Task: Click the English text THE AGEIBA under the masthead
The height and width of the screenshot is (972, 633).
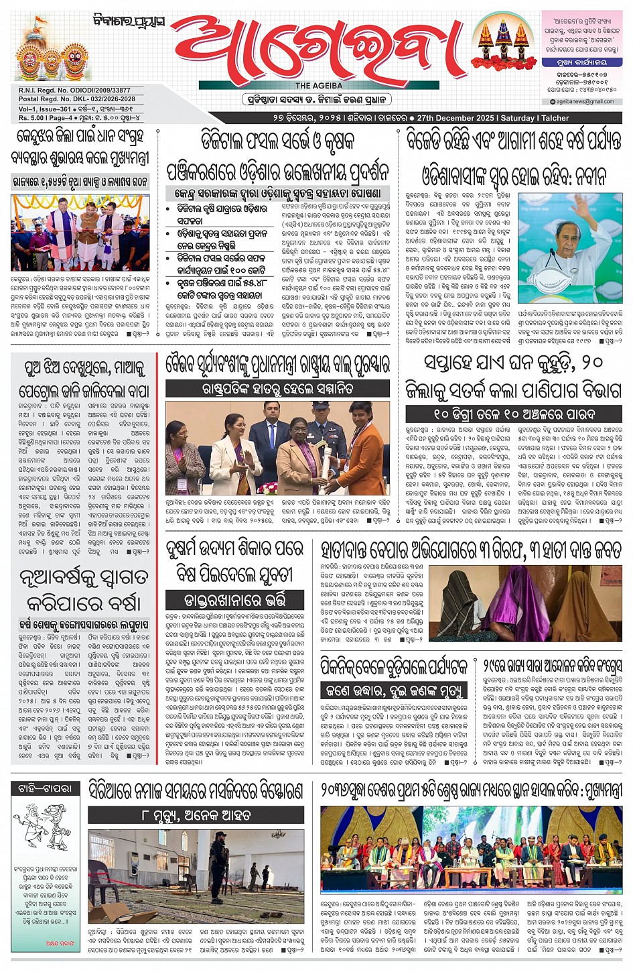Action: [x=319, y=86]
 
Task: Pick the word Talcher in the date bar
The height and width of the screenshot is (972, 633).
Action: [x=555, y=118]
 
